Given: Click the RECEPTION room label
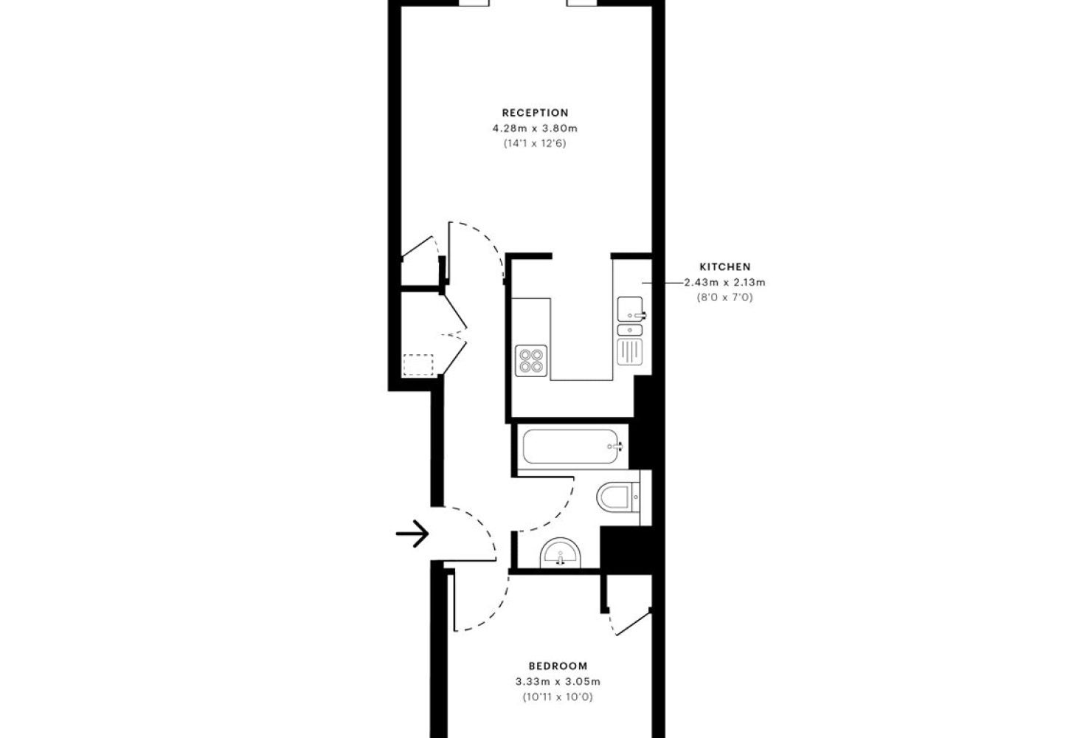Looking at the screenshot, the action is click(535, 113).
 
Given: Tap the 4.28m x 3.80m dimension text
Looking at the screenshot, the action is click(535, 128).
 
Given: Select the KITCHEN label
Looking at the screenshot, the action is click(725, 267).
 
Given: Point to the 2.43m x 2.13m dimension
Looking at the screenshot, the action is click(725, 283).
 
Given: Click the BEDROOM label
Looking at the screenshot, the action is click(558, 666).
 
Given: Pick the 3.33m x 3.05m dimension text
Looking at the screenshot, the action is click(558, 682).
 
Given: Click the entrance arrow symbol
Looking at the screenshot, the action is click(412, 534).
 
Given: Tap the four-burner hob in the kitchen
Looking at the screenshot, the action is click(531, 361).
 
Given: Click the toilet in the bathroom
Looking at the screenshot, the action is click(618, 497).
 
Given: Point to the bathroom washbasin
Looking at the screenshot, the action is click(560, 553).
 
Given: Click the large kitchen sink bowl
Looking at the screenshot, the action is click(630, 308).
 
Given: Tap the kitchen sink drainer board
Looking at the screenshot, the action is click(630, 352).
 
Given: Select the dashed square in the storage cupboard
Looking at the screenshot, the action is click(418, 365).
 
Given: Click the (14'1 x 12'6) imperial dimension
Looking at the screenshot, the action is click(535, 143).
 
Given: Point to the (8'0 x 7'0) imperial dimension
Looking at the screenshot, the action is click(725, 297).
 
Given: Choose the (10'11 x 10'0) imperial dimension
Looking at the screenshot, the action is click(558, 697).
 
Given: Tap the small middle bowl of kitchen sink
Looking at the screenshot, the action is click(630, 330).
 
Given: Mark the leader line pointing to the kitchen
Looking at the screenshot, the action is click(663, 283).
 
